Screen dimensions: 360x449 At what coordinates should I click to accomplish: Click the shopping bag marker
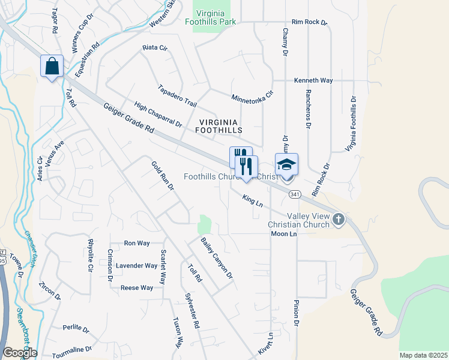(x=52, y=65)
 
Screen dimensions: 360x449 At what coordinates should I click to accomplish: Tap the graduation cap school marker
(x=286, y=164)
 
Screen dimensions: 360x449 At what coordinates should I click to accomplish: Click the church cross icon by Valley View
(x=339, y=219)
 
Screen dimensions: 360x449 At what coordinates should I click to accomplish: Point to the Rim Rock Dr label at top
(x=309, y=22)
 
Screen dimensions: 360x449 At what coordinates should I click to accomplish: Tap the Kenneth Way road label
(x=313, y=80)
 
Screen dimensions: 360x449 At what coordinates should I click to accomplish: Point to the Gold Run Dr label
(x=162, y=175)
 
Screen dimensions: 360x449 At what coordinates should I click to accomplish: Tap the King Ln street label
(x=253, y=200)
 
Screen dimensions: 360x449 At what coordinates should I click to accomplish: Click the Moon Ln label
(x=284, y=233)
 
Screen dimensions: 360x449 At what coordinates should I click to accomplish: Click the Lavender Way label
(x=136, y=265)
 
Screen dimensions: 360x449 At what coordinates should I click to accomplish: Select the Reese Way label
(x=136, y=288)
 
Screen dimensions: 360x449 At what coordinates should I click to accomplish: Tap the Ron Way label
(x=136, y=243)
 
